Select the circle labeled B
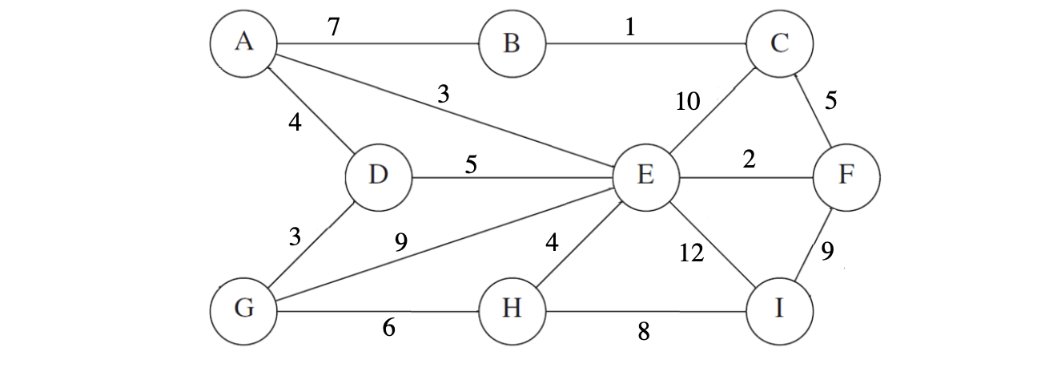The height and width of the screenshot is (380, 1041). tap(511, 43)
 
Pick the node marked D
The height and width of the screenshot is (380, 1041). tap(378, 176)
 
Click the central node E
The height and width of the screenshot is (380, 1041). tap(645, 176)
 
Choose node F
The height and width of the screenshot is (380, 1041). tap(846, 176)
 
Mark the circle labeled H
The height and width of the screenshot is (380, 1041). tap(511, 310)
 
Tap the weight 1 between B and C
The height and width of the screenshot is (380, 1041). tap(630, 28)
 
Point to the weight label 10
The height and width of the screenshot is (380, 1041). tap(687, 102)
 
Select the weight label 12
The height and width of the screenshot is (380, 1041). tap(690, 254)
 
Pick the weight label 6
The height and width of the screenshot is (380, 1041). tap(389, 329)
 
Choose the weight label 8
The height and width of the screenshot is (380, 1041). tap(642, 329)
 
